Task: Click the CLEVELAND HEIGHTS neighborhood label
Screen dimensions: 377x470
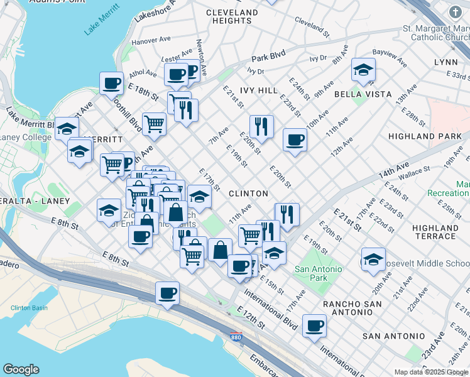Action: (x=232, y=16)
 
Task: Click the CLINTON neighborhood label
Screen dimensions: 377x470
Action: (x=248, y=194)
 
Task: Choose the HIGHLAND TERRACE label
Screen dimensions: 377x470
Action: (x=435, y=232)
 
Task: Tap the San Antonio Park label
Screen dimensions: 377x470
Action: (x=319, y=273)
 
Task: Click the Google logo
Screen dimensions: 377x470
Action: (x=21, y=369)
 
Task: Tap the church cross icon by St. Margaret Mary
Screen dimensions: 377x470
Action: (x=455, y=11)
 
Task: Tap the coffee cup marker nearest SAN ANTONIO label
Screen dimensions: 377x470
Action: (x=314, y=326)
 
